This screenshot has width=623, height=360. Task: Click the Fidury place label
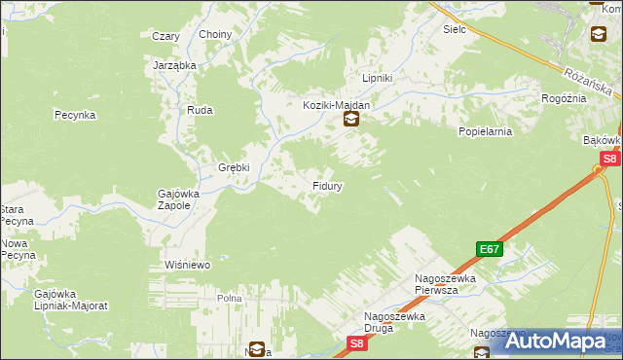click(326, 184)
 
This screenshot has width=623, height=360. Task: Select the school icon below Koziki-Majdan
click(350, 121)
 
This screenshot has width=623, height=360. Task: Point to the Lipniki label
click(377, 78)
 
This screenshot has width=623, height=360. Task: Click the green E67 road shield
click(490, 250)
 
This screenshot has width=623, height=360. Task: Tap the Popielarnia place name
click(484, 129)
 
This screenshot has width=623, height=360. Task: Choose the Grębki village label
click(234, 166)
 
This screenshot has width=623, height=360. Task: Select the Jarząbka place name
click(175, 65)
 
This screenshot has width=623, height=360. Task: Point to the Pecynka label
click(74, 115)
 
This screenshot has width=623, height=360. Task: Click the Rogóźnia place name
click(564, 98)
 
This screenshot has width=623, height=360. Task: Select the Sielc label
click(455, 30)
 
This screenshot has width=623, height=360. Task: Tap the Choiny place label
click(215, 35)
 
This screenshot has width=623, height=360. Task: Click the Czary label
click(165, 36)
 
